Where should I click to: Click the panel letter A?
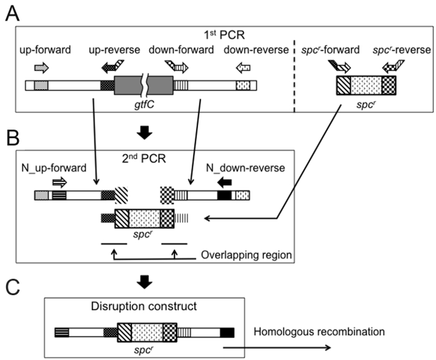[x=11, y=13]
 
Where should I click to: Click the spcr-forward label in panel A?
[x=340, y=49]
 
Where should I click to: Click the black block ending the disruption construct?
[x=227, y=332]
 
